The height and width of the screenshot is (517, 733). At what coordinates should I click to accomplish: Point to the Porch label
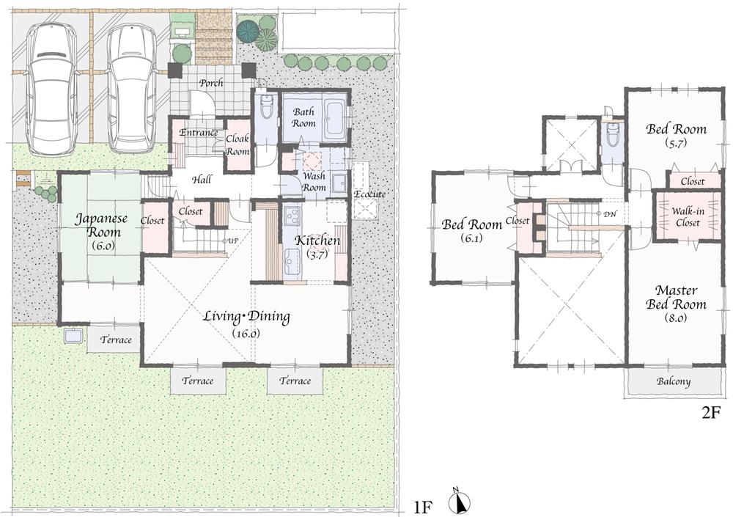pos(211,83)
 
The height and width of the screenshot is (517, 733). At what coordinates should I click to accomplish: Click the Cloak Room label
pos(237,144)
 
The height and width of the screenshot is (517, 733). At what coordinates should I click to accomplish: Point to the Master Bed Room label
pos(676,297)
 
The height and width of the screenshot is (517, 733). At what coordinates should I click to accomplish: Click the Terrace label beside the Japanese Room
pos(116,340)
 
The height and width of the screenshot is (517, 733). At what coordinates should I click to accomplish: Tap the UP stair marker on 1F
pos(233,240)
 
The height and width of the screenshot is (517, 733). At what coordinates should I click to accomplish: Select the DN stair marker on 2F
pos(608,213)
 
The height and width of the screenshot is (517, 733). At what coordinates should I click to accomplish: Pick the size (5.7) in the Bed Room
pos(676,144)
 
